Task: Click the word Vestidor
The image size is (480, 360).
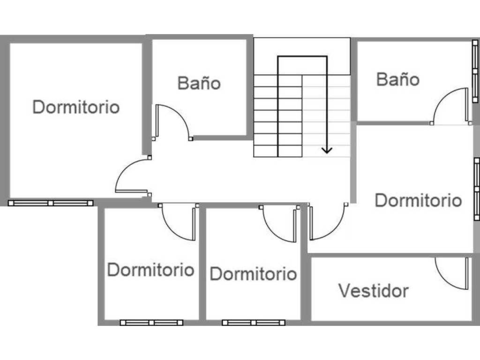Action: coord(373,291)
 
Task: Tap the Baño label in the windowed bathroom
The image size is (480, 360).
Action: coord(398,79)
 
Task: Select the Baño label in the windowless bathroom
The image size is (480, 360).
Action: coord(199,83)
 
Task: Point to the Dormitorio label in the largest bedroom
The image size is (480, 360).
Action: coord(76,107)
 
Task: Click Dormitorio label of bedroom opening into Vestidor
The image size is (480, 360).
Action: coord(418,200)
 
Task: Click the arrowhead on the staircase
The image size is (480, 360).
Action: coord(327,150)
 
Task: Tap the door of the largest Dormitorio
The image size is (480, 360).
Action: coord(131,178)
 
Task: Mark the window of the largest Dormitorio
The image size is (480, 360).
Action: coord(51,203)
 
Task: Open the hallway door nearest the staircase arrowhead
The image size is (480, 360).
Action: coord(326,223)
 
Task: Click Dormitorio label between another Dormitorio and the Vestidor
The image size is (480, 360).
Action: coord(253,274)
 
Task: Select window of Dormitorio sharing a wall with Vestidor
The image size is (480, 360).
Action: coord(254,322)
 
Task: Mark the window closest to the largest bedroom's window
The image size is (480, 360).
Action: coord(151,322)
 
